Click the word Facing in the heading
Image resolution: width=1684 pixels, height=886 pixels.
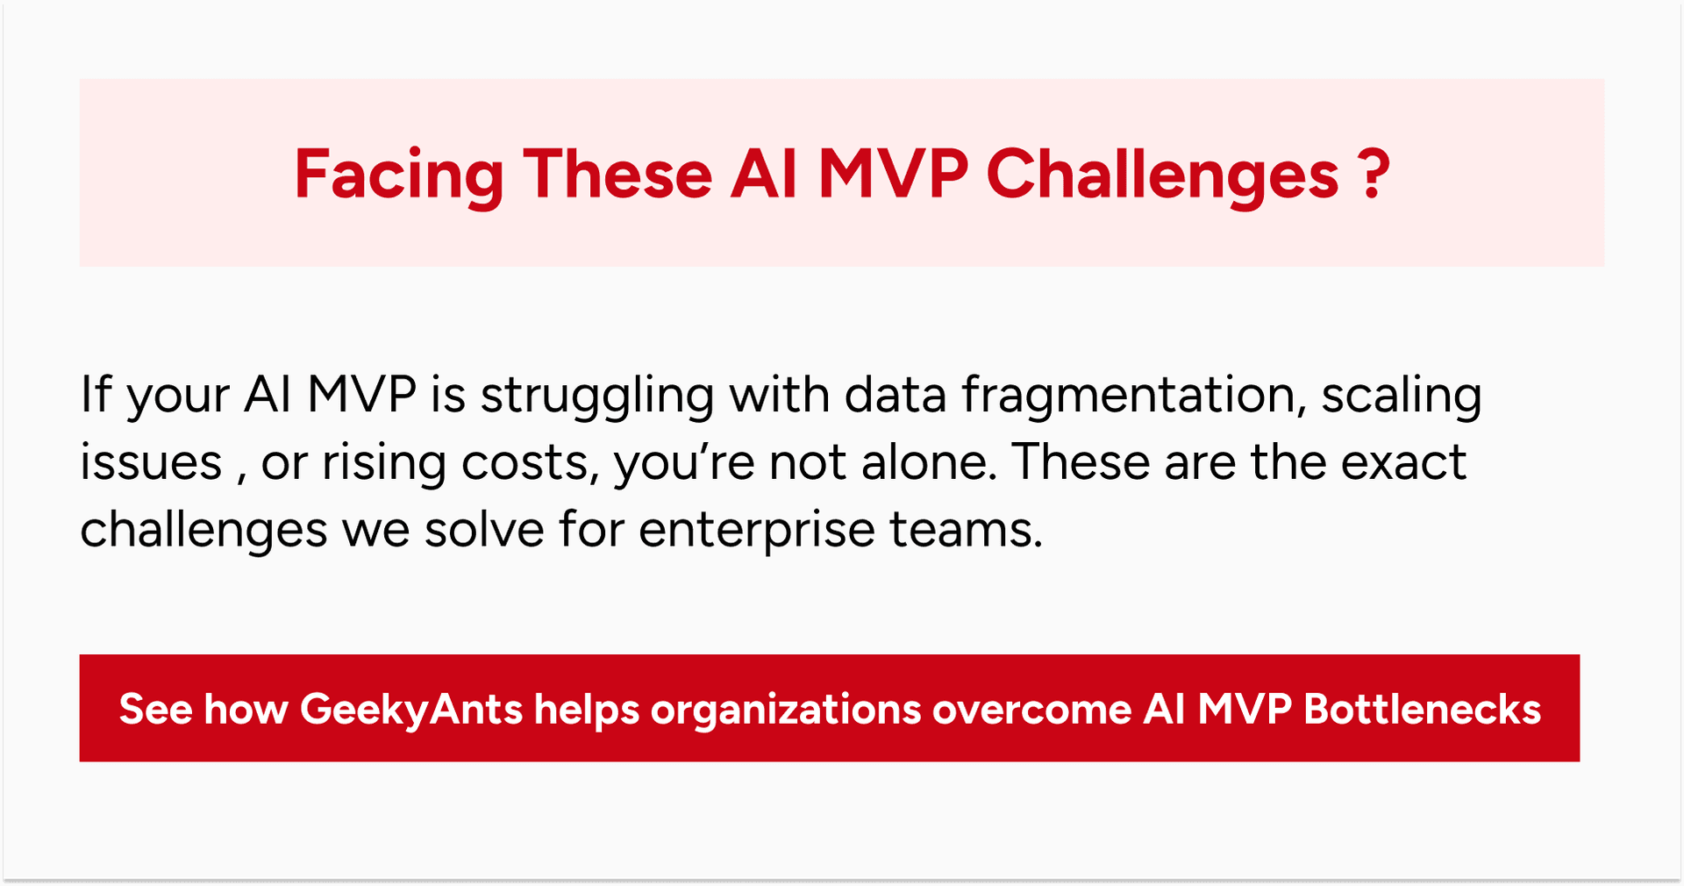click(398, 175)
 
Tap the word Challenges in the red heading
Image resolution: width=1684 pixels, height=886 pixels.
click(1162, 175)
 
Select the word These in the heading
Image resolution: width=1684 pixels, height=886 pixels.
click(617, 175)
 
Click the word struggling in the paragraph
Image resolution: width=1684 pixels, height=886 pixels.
click(597, 396)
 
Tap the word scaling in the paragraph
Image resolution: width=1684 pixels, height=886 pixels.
click(1402, 396)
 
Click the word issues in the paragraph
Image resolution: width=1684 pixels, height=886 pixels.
click(151, 462)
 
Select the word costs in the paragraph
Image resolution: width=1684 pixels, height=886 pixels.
click(531, 462)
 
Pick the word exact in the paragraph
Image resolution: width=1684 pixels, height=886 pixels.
click(1403, 462)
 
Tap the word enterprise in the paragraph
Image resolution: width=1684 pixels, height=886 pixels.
click(757, 530)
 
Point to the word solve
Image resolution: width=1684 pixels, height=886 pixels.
click(484, 530)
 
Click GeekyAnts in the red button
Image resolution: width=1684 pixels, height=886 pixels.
click(411, 709)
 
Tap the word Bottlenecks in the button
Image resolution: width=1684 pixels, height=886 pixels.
click(1422, 709)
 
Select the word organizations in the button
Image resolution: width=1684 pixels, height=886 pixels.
click(786, 709)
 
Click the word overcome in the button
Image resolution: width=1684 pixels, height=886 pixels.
click(1031, 709)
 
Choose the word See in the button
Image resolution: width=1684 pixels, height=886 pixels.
click(155, 709)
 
